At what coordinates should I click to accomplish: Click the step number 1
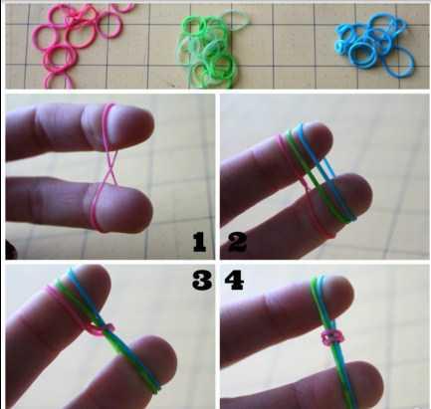click(199, 242)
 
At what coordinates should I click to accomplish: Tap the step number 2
click(238, 242)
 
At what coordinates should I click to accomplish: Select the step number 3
click(202, 280)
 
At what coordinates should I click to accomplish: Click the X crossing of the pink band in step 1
click(108, 166)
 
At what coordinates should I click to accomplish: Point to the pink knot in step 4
click(332, 337)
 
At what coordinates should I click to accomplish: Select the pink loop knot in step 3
click(102, 327)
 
